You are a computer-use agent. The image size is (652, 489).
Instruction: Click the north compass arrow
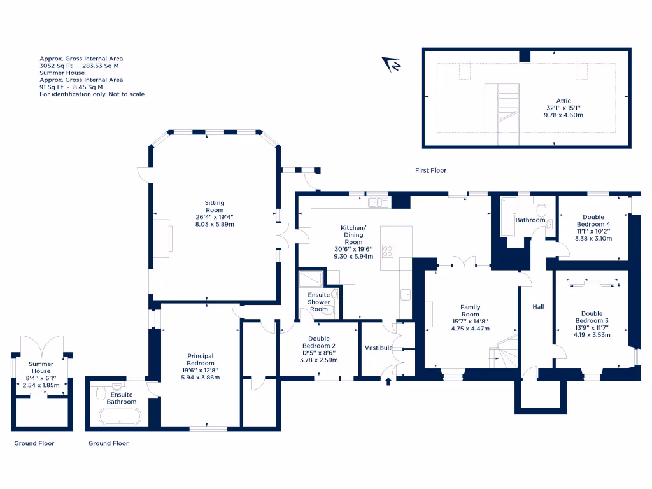(390, 64)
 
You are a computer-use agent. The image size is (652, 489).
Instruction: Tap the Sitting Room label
(215, 206)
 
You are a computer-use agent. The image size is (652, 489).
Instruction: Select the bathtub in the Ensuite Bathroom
(120, 416)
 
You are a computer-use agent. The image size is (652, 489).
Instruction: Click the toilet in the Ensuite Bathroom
(101, 393)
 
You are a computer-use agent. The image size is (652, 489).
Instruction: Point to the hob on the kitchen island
(388, 251)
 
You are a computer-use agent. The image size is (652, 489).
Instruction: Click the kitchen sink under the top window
(378, 202)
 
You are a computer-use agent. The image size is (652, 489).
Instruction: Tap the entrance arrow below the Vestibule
(388, 381)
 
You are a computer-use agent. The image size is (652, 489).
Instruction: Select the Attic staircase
(508, 115)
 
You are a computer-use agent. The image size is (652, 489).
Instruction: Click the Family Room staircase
(504, 351)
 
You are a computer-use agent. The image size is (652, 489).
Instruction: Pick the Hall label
(538, 307)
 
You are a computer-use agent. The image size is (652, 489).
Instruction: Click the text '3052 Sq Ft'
(56, 66)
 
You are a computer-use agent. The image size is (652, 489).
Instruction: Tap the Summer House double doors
(42, 346)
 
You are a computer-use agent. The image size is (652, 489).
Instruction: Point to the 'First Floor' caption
(430, 170)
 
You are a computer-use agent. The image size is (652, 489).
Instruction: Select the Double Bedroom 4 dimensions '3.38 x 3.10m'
(593, 239)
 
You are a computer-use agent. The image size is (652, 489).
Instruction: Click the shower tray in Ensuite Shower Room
(311, 278)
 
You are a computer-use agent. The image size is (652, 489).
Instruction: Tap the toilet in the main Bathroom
(541, 210)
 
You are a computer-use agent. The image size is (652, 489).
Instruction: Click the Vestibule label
(378, 348)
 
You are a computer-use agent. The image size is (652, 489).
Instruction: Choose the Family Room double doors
(464, 262)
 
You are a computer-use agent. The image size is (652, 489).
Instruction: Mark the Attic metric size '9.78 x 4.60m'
(563, 115)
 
